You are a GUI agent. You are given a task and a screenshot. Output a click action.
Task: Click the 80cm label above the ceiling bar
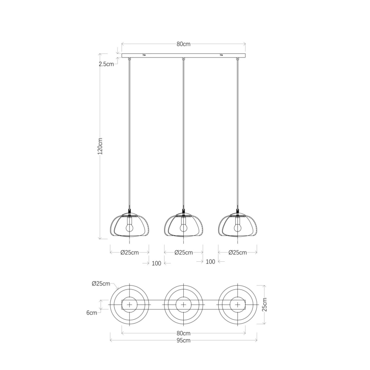(x=183, y=44)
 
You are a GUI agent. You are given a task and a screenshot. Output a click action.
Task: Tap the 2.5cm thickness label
(x=106, y=65)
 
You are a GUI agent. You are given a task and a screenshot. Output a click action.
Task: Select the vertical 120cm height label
(x=101, y=146)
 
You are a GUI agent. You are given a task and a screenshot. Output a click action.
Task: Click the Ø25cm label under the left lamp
(x=129, y=252)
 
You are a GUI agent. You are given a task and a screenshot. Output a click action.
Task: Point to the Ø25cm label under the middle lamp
(x=183, y=252)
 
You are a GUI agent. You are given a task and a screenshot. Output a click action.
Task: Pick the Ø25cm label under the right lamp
(x=237, y=252)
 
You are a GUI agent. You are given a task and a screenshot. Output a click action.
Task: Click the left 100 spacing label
(x=156, y=263)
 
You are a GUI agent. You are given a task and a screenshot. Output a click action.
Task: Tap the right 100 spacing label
(x=210, y=262)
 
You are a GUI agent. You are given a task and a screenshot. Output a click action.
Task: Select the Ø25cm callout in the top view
(x=101, y=283)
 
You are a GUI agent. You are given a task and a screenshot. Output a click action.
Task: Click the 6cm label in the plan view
(x=91, y=312)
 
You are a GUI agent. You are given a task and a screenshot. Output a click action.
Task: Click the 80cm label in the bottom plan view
(x=183, y=333)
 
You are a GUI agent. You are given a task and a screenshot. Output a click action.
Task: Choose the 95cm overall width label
(x=183, y=340)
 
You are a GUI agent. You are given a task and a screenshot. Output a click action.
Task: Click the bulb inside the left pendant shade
(x=129, y=228)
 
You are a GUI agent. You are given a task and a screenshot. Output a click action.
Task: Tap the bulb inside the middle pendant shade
(x=183, y=228)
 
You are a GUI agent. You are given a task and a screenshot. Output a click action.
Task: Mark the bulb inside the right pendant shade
(x=237, y=228)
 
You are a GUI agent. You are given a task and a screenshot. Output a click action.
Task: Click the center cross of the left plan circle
(x=129, y=305)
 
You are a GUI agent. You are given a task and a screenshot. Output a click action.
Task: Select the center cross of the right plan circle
(x=237, y=305)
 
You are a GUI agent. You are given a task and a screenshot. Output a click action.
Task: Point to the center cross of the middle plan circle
(x=183, y=305)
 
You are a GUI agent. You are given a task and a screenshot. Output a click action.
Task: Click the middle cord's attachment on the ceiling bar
(x=183, y=59)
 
